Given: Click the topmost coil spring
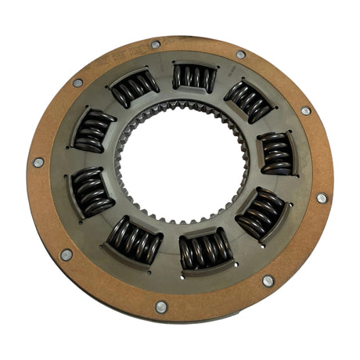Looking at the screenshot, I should (194, 77).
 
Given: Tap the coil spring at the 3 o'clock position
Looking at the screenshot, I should (275, 153).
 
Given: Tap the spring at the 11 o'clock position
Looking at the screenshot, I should (135, 87).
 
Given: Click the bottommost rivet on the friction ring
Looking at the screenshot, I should (161, 307).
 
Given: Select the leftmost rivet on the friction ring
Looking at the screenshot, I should (38, 162).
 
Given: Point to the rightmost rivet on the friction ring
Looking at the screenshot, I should (322, 198).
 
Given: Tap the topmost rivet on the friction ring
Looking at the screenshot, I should (156, 45).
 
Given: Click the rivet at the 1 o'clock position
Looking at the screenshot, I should (240, 55).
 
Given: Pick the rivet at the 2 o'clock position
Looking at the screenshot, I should (305, 110).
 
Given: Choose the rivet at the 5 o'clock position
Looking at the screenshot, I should (268, 280).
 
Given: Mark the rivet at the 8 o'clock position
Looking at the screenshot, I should (67, 254).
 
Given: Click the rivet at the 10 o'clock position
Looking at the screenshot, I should (77, 82).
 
